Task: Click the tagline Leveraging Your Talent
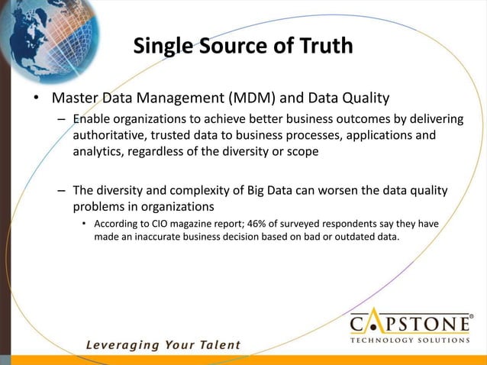(163, 344)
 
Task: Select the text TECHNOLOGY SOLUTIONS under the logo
(410, 341)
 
